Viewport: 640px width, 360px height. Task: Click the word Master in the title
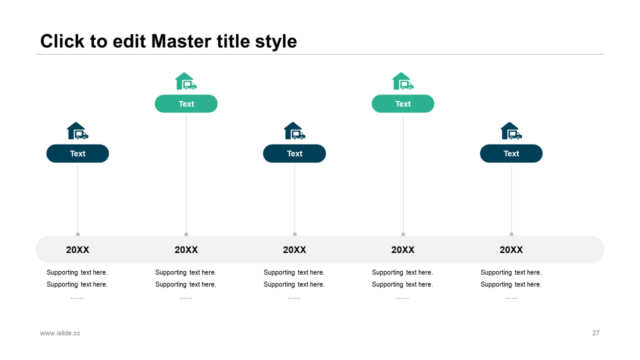point(181,41)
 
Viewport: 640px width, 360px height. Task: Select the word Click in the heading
point(62,41)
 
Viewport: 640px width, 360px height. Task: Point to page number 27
point(595,333)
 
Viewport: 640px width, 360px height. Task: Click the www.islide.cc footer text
point(60,333)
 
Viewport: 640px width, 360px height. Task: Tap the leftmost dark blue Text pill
point(77,153)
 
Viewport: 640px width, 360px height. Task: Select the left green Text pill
point(186,103)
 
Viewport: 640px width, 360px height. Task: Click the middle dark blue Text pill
point(294,153)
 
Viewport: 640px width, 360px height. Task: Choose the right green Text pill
point(403,103)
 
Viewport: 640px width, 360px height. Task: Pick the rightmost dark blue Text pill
point(511,153)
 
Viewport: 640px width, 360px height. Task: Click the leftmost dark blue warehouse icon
point(77,131)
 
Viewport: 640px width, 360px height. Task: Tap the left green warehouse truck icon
point(186,81)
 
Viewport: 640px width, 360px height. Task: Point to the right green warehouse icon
point(403,81)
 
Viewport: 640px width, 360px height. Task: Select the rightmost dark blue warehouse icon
point(511,131)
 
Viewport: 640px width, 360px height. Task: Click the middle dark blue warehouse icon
point(294,131)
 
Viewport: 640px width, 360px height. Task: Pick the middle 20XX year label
point(294,249)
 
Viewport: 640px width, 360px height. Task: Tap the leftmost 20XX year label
point(77,249)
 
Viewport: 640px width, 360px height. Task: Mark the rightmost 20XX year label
point(511,249)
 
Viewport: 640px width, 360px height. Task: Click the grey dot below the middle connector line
point(295,234)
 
